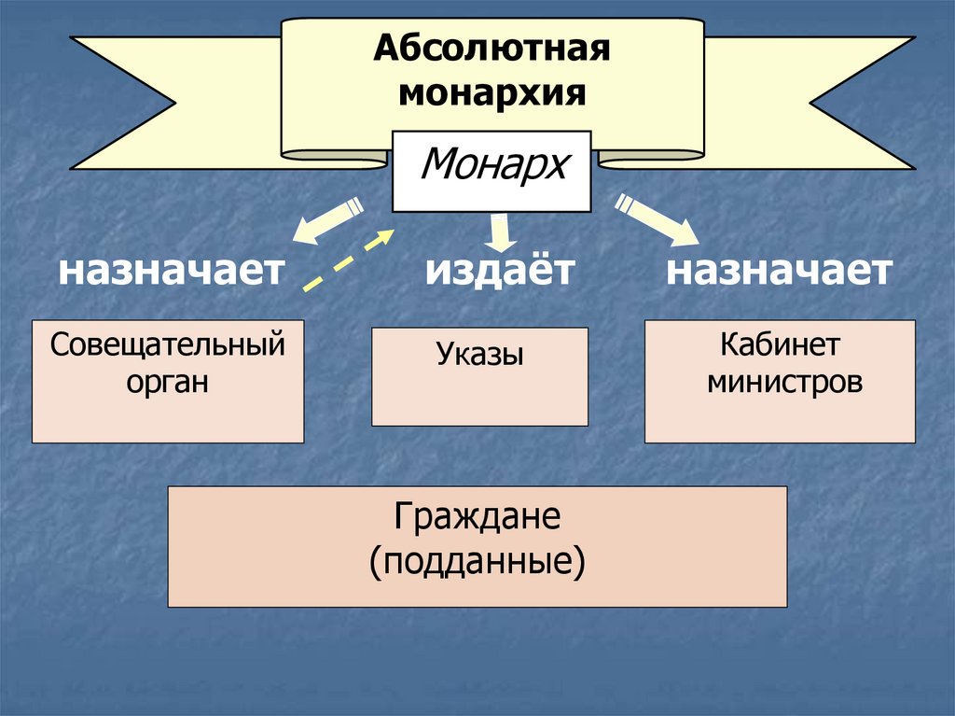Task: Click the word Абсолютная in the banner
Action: (x=492, y=49)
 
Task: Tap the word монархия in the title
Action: (x=492, y=94)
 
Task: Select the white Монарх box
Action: (x=491, y=171)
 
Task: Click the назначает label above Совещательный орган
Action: (x=172, y=272)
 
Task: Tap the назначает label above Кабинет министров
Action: (x=780, y=272)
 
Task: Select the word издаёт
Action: (x=501, y=272)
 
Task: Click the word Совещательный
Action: (x=168, y=345)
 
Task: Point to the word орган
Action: (x=168, y=382)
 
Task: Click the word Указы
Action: (x=479, y=355)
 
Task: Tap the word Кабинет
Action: (x=780, y=345)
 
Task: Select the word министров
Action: (x=780, y=382)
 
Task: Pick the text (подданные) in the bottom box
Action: (x=477, y=561)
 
